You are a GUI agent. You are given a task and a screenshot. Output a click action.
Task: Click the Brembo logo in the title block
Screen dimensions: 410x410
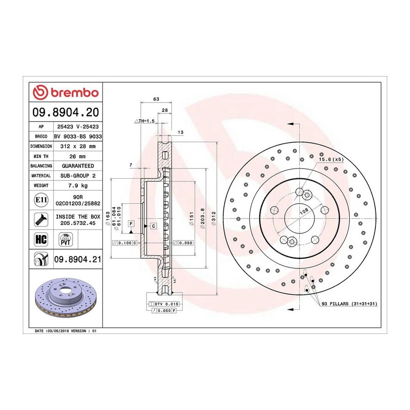pyautogui.click(x=66, y=92)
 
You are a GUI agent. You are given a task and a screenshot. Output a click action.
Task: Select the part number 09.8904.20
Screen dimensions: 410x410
pyautogui.click(x=66, y=112)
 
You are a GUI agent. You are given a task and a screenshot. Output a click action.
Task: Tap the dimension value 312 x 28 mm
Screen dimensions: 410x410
pyautogui.click(x=78, y=146)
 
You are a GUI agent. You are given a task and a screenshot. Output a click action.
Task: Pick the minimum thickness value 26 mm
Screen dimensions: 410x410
pyautogui.click(x=77, y=156)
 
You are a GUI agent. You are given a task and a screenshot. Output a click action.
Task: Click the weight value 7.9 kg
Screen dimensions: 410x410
pyautogui.click(x=78, y=185)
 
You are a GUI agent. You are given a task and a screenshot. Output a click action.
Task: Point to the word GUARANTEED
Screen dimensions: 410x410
pyautogui.click(x=78, y=166)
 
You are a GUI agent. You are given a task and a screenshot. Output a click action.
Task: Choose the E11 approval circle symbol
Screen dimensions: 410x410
pyautogui.click(x=41, y=200)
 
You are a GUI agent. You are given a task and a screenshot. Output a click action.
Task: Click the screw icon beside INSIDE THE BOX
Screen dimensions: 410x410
pyautogui.click(x=41, y=220)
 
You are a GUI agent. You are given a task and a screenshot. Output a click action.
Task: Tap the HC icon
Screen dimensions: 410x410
pyautogui.click(x=41, y=239)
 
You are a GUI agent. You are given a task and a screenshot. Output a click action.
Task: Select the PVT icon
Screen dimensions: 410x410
pyautogui.click(x=65, y=240)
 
